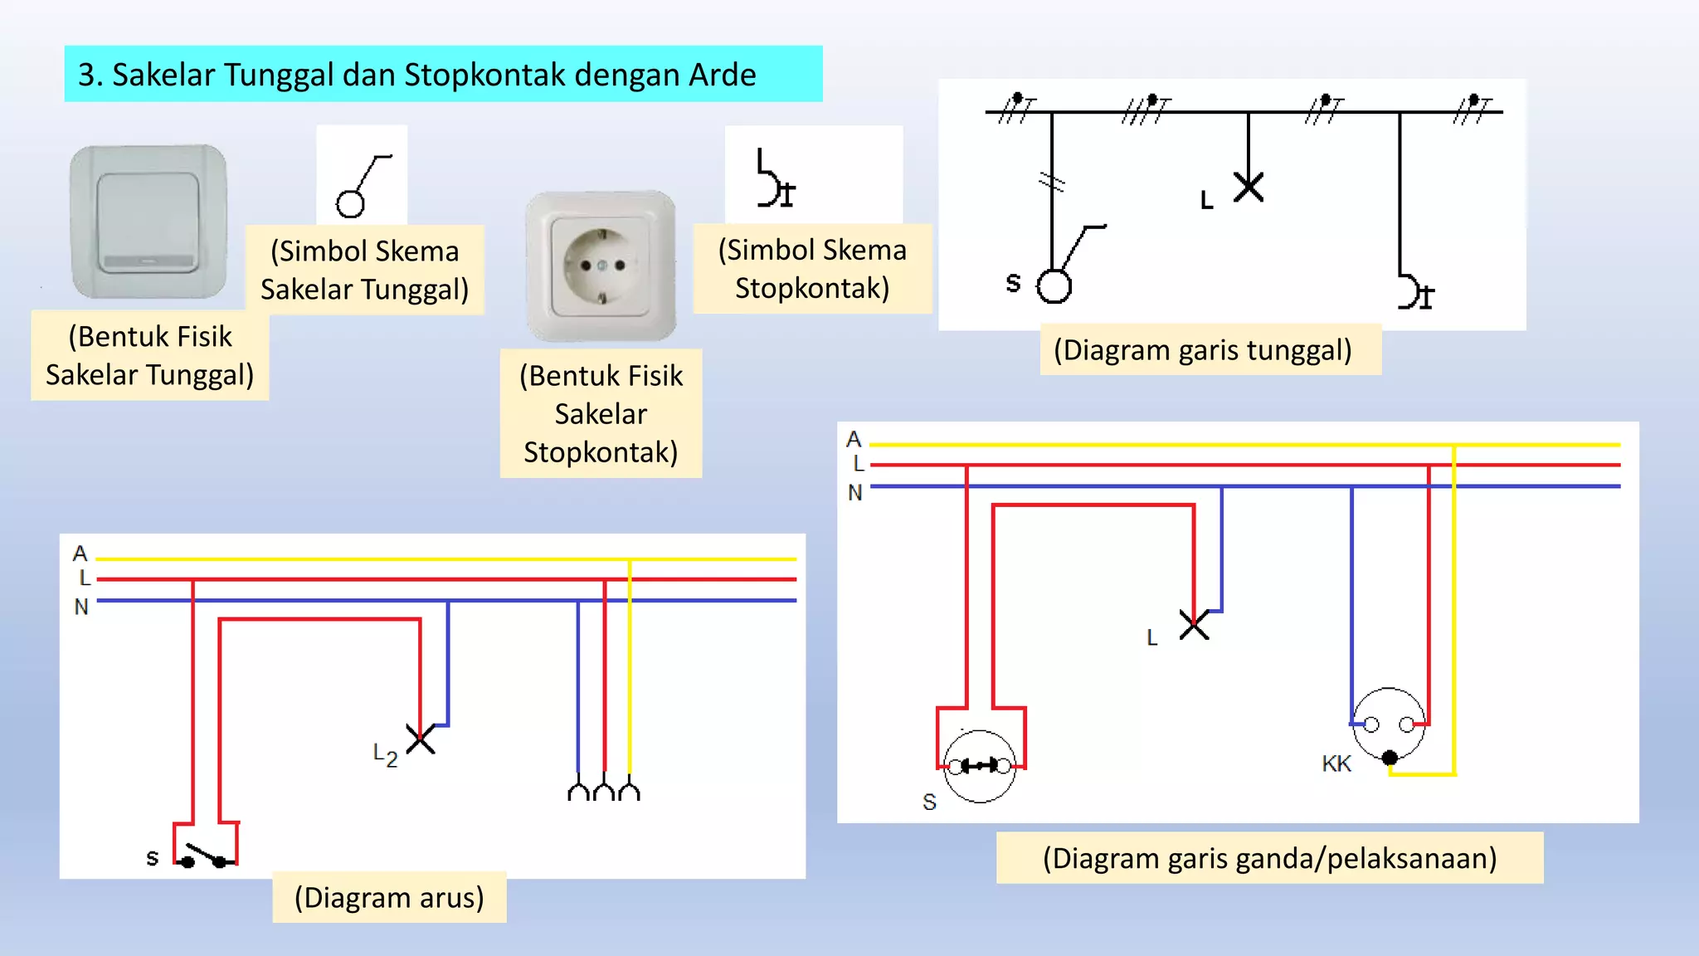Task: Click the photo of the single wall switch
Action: (x=148, y=222)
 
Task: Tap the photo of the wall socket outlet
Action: (x=601, y=266)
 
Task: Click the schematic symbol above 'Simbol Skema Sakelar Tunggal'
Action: (x=363, y=186)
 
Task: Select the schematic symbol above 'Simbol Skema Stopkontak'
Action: (x=776, y=178)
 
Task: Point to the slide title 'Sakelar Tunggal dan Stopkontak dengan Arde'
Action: (x=434, y=75)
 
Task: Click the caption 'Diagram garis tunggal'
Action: (x=1203, y=349)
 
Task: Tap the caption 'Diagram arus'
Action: (x=389, y=897)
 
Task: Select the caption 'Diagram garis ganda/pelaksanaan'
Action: (x=1269, y=857)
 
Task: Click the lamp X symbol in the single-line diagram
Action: (x=1249, y=187)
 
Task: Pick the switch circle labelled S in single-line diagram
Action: (x=1054, y=286)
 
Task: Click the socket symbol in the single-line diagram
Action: (x=1415, y=291)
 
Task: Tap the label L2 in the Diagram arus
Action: (x=385, y=754)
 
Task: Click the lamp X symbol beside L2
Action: (x=421, y=738)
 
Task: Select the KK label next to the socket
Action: (x=1336, y=763)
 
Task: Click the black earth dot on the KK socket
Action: (x=1390, y=758)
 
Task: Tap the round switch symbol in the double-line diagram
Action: (x=980, y=766)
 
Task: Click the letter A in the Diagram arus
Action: (x=80, y=553)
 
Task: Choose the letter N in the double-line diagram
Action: (x=855, y=493)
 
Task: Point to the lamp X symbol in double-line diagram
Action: (x=1194, y=624)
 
